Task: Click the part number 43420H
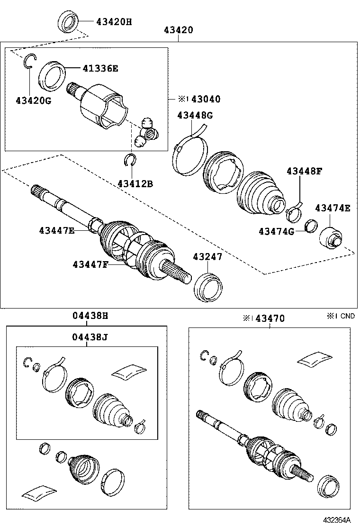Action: [114, 21]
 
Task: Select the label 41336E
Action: [100, 68]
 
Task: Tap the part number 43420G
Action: [33, 100]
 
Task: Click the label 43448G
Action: [195, 115]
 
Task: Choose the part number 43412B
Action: [135, 183]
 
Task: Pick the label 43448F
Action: [304, 172]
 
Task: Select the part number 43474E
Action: [333, 208]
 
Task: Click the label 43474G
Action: [276, 231]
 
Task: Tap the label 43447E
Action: [57, 231]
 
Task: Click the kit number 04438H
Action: [90, 315]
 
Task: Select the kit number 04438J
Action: [90, 337]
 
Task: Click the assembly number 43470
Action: [270, 318]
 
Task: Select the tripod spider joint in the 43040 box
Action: [147, 131]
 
